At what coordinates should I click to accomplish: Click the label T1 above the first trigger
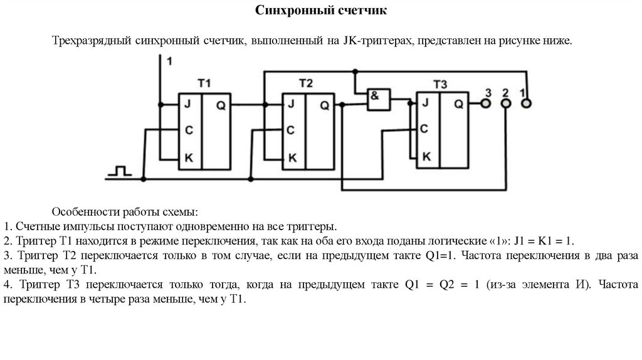pos(204,83)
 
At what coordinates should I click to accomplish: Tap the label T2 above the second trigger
pos(305,83)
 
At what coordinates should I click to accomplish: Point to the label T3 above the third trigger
pos(440,84)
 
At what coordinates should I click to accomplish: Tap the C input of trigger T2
pos(290,130)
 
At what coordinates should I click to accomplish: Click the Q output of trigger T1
pos(221,105)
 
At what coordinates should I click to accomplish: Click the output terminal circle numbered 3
pos(485,104)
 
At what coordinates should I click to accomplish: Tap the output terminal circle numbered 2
pos(505,104)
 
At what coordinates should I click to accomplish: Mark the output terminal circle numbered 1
pos(526,104)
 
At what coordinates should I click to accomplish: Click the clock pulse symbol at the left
pos(119,171)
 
